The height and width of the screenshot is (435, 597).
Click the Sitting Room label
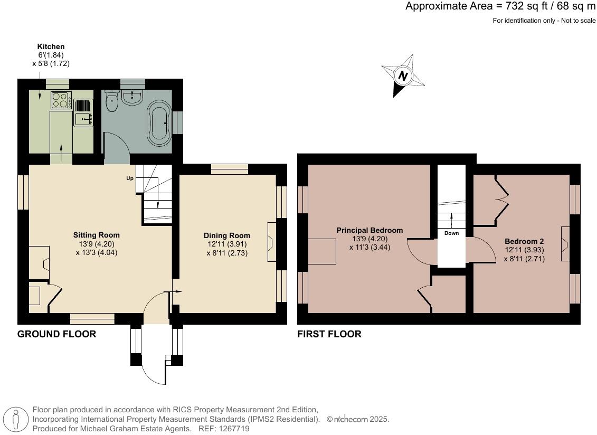pos(96,235)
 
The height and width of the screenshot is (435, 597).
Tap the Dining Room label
pos(227,236)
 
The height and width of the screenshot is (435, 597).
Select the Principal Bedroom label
pos(369,231)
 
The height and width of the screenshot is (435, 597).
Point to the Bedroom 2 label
pos(524,241)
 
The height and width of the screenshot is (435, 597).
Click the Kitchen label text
pos(51,46)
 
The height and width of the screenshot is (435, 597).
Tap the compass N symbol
pos(403,75)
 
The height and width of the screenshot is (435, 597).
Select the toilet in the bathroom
pos(111,101)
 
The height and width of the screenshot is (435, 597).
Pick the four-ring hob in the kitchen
pos(61,100)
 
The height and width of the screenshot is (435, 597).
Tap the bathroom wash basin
pos(132,96)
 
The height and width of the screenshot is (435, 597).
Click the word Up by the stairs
pos(130,178)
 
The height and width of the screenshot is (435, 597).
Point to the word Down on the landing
pos(451,233)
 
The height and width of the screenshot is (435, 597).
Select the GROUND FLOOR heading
pos(56,334)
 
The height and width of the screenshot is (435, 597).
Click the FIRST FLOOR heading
pos(329,334)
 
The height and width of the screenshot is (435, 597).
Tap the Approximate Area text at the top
pos(500,6)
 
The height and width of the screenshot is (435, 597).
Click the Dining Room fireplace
pos(272,242)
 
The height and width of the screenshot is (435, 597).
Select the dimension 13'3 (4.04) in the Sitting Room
pos(97,252)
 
